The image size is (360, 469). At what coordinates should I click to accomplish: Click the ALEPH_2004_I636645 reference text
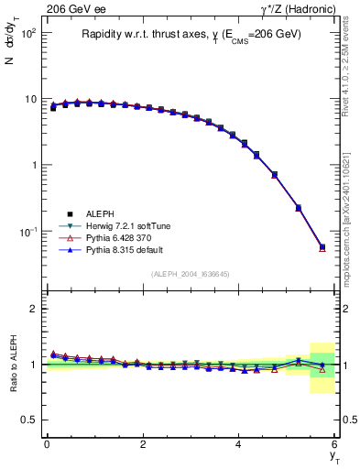[191, 274]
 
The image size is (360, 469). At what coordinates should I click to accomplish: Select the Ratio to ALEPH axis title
[12, 365]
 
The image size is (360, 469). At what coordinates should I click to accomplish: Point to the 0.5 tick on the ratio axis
[31, 420]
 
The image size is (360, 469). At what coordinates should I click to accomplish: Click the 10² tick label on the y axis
[27, 32]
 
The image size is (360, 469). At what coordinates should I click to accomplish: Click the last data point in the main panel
[322, 246]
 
